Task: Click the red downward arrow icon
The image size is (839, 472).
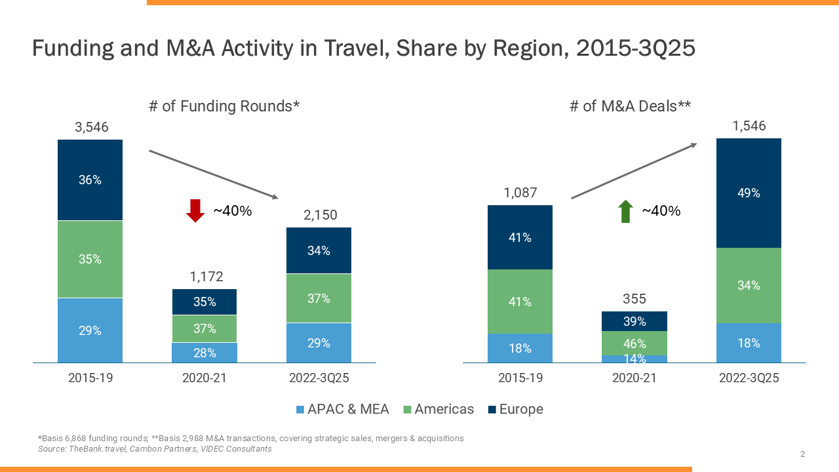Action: [195, 210]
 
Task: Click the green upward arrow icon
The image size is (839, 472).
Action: [625, 211]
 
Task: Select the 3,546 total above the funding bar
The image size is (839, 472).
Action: [90, 127]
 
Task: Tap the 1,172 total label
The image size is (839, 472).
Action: [205, 277]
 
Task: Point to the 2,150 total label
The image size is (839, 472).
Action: [319, 215]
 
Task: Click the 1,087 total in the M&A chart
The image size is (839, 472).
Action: [520, 193]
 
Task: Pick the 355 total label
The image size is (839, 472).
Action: [634, 299]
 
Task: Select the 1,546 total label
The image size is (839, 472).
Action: [749, 126]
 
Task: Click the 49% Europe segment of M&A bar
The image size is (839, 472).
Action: [749, 193]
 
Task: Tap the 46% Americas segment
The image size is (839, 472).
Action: [634, 343]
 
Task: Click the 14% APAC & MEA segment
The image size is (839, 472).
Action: [634, 359]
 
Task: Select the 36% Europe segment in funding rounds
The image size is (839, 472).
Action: [90, 180]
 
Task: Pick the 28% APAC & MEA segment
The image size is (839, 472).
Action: [205, 353]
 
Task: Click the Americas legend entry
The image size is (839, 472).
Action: [437, 409]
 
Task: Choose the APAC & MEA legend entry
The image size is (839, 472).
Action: [342, 409]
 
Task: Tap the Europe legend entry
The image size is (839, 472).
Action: [515, 409]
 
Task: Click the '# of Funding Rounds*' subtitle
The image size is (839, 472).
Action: [224, 106]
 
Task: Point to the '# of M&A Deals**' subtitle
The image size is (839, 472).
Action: [631, 106]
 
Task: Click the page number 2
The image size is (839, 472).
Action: [802, 454]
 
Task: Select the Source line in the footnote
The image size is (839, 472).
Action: [155, 449]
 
